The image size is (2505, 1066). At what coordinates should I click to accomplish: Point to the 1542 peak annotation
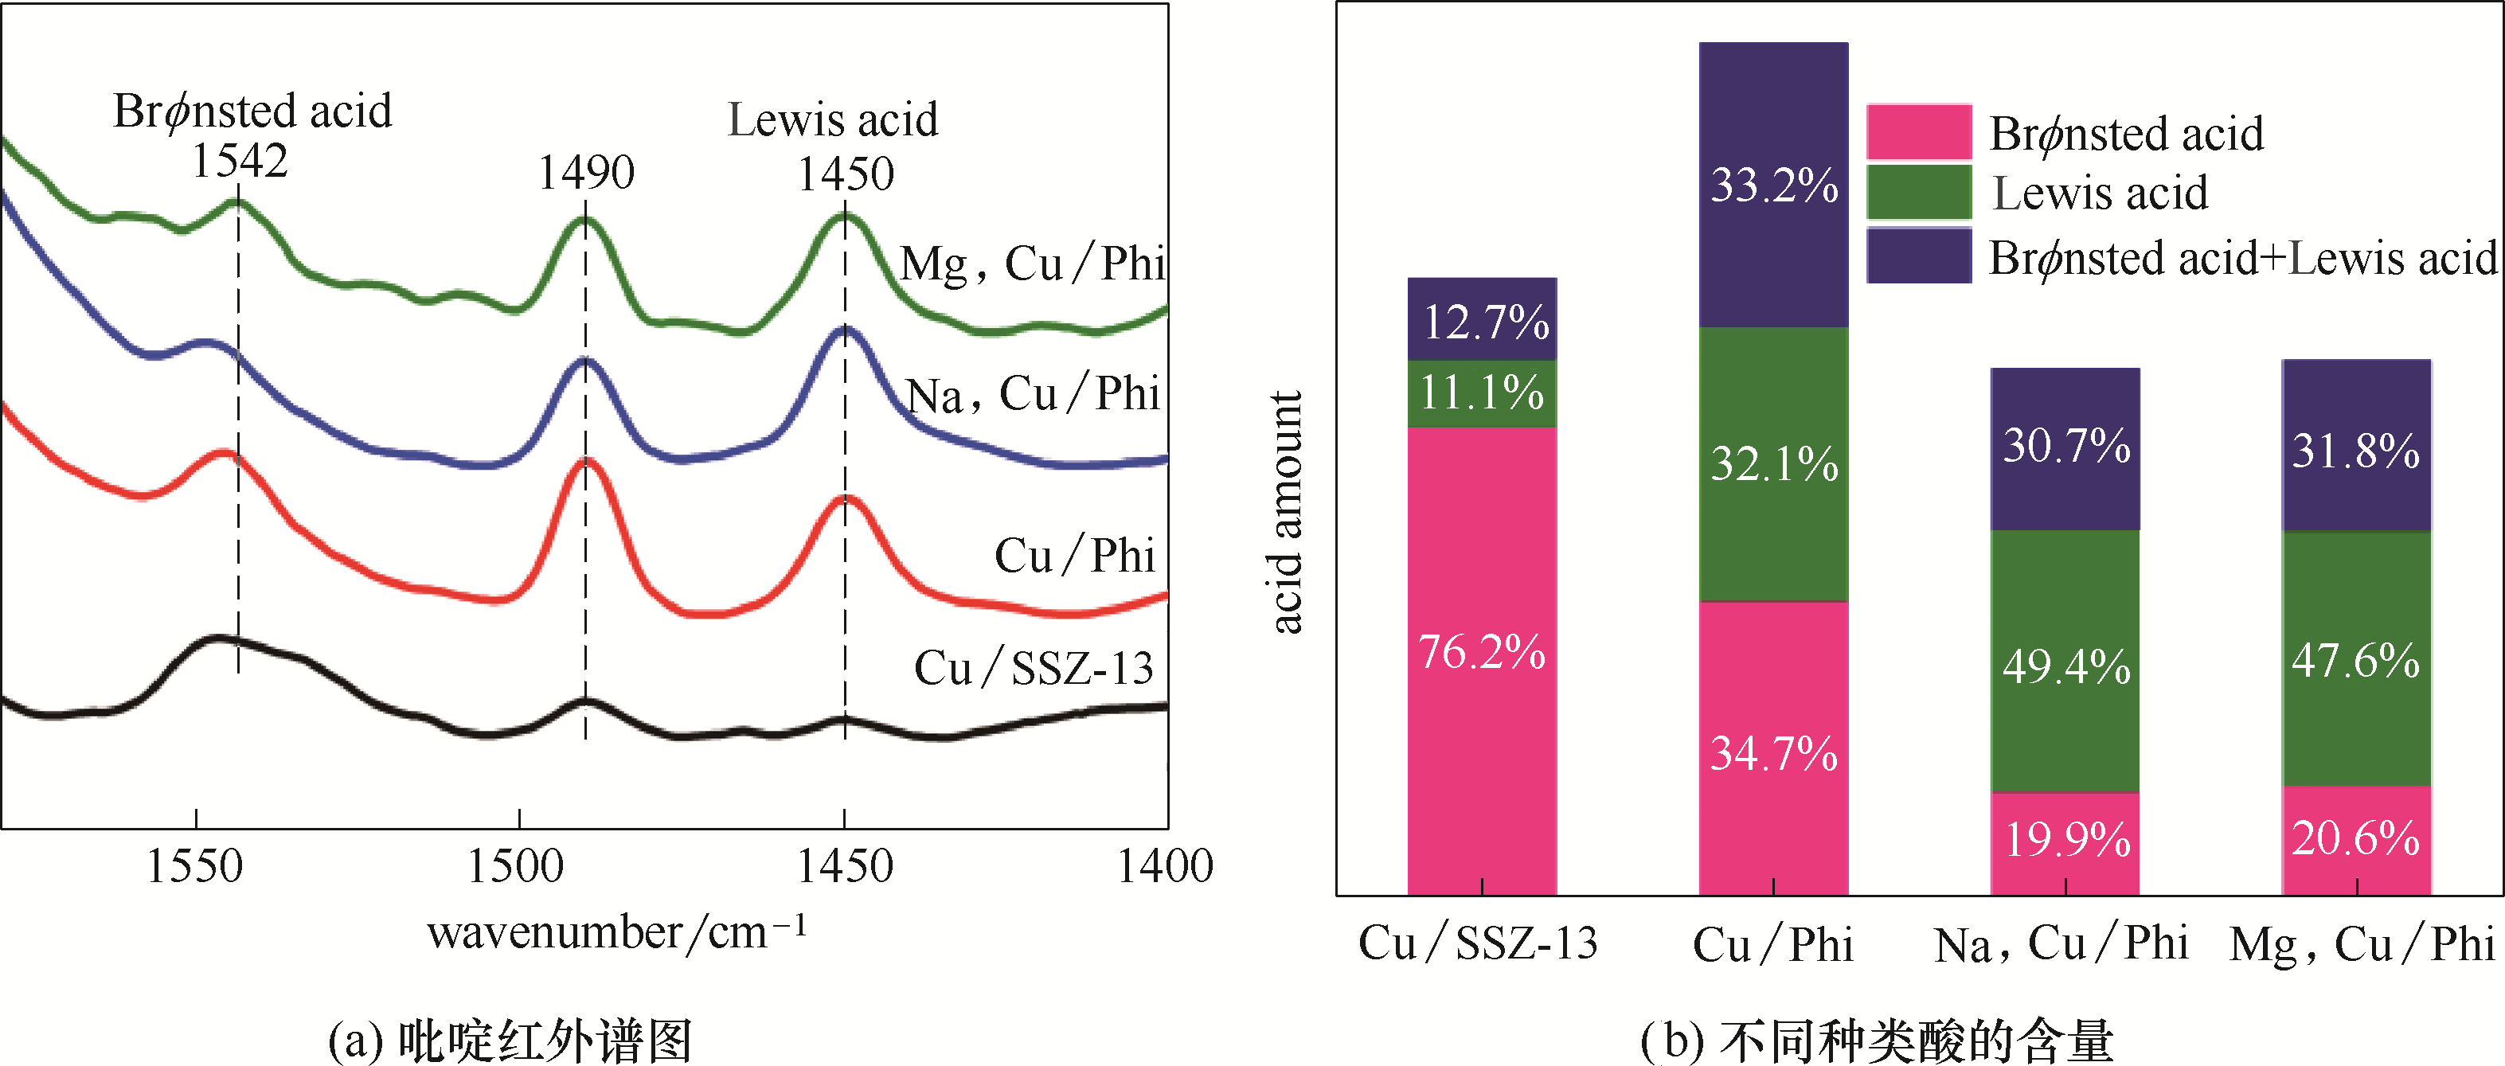(239, 161)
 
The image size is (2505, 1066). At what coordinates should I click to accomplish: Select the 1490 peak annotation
(586, 173)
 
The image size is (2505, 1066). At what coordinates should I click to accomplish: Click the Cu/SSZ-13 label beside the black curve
(1034, 668)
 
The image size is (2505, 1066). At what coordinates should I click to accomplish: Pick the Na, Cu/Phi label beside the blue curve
(1033, 395)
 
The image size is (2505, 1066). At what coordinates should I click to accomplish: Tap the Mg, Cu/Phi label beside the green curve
(1033, 263)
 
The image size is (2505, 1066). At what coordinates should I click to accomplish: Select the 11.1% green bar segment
(1482, 394)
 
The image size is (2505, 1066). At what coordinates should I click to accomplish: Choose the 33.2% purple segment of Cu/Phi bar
(1774, 185)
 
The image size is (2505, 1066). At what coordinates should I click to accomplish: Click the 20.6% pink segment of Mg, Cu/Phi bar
(2356, 839)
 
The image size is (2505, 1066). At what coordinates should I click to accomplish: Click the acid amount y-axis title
(1287, 513)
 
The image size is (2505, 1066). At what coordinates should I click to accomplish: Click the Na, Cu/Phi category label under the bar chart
(2061, 943)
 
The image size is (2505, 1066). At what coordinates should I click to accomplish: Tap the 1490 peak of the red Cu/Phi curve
(585, 462)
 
